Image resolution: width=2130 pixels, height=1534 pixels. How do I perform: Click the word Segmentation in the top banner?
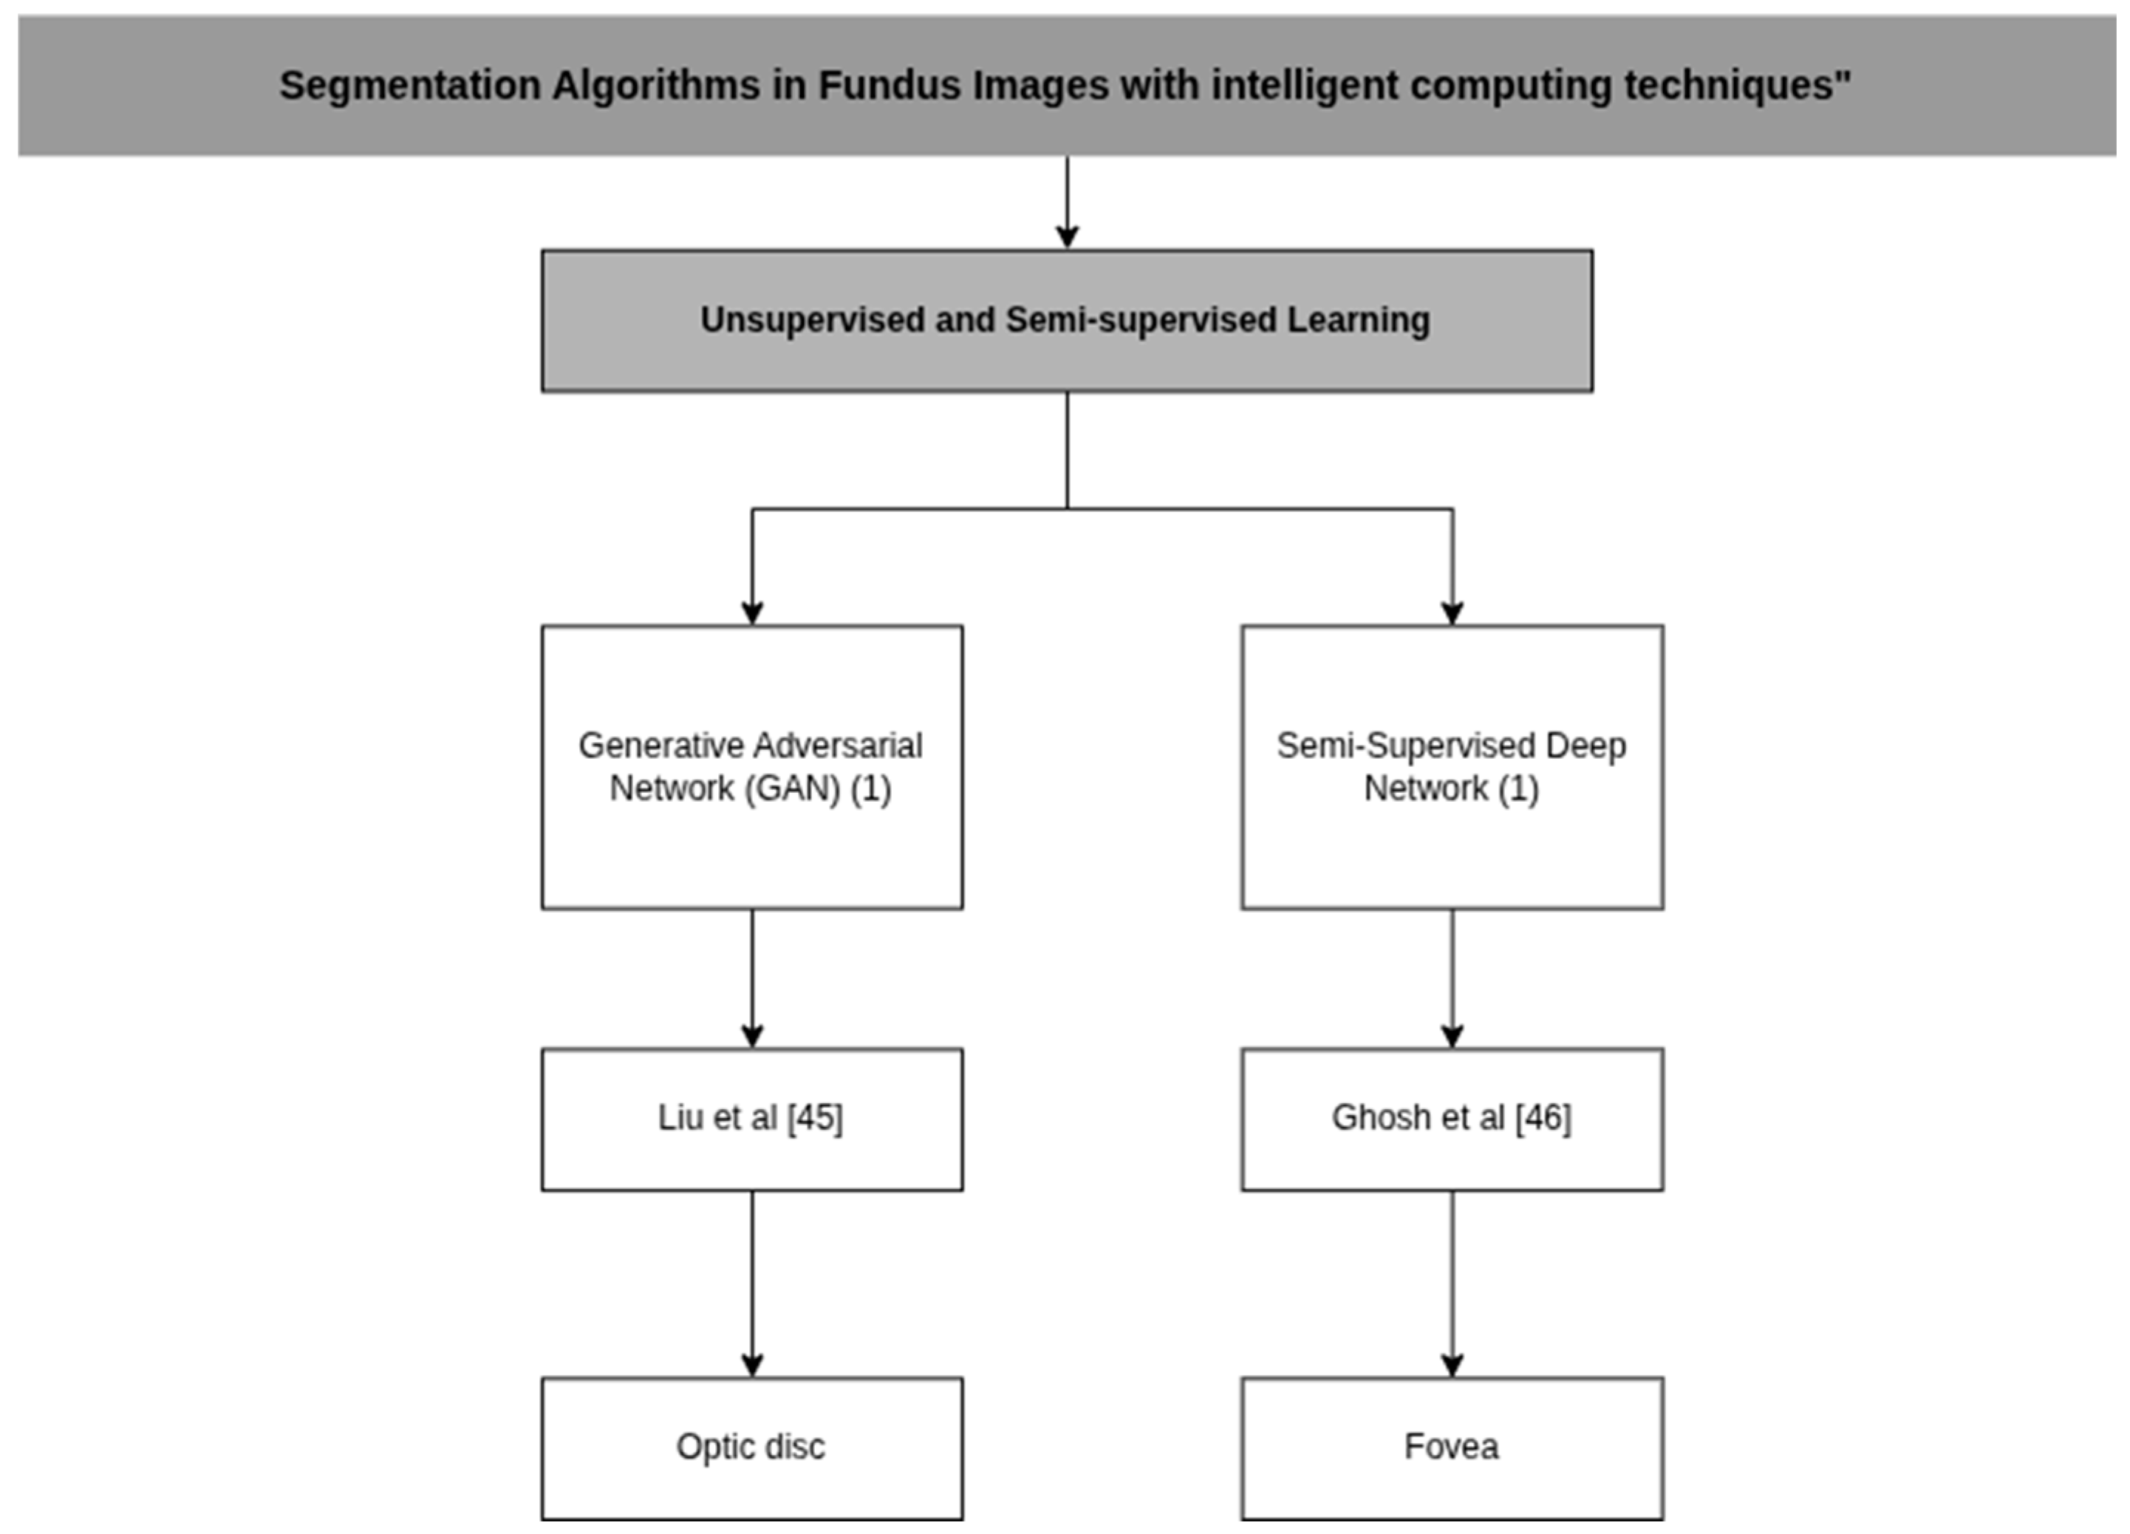(x=409, y=86)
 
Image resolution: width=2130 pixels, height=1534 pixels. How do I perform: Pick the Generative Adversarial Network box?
(x=751, y=845)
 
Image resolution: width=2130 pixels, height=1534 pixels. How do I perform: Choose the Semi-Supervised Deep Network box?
(x=1451, y=845)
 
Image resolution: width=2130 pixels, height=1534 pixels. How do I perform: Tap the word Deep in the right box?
(x=1585, y=746)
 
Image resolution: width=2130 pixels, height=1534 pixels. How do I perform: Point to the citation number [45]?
(x=814, y=1118)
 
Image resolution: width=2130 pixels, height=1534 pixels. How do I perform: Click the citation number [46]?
(x=1542, y=1118)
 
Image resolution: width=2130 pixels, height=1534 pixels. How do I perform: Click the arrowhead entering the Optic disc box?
(x=751, y=1365)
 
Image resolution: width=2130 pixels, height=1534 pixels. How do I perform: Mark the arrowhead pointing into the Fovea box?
(x=1452, y=1365)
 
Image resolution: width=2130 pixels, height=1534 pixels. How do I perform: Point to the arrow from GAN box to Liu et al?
(x=751, y=977)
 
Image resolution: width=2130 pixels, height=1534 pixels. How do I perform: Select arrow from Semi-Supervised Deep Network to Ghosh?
(x=1452, y=977)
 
